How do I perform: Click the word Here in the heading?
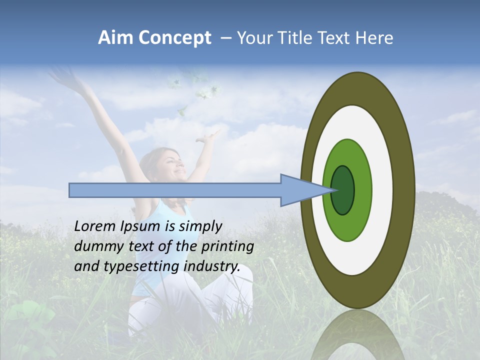[x=374, y=38]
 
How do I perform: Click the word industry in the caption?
[x=211, y=266]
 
